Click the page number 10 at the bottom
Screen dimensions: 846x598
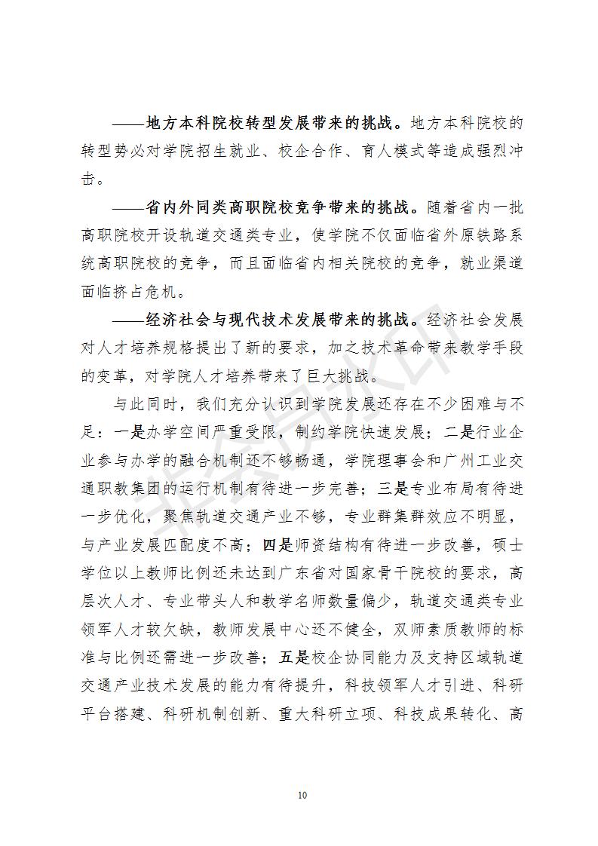point(302,795)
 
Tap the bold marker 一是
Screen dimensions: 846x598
point(124,432)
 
